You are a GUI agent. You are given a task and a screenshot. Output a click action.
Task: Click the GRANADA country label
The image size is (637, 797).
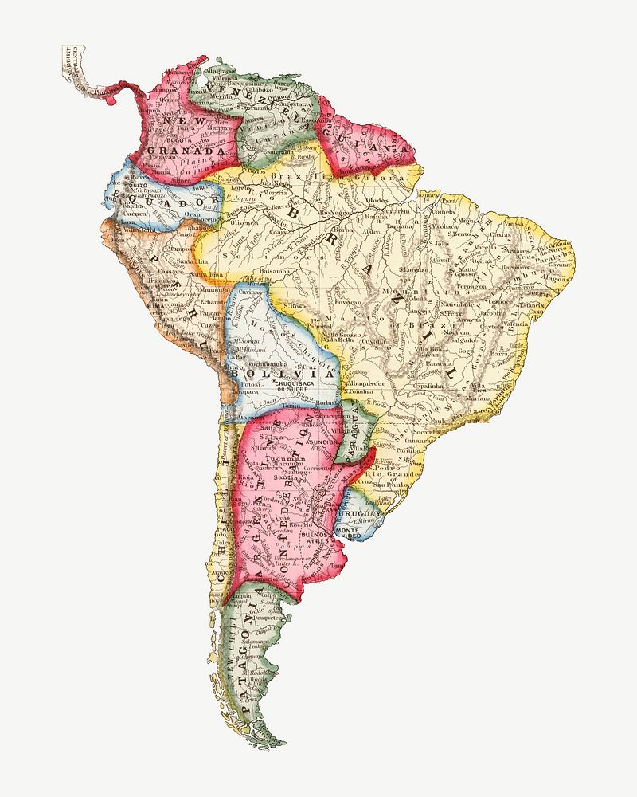(186, 150)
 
